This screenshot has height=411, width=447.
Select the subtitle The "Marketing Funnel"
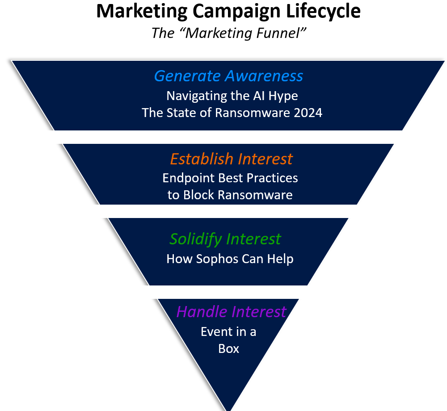[228, 33]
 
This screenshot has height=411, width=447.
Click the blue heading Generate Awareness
[228, 76]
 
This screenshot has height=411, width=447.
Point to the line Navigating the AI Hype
[232, 96]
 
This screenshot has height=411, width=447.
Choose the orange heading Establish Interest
[231, 159]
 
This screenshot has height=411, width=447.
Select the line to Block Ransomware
[230, 195]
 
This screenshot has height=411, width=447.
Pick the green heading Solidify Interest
[225, 239]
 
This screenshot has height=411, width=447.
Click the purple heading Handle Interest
[231, 311]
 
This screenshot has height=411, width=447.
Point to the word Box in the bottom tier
[228, 348]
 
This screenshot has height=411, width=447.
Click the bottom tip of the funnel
[229, 407]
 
